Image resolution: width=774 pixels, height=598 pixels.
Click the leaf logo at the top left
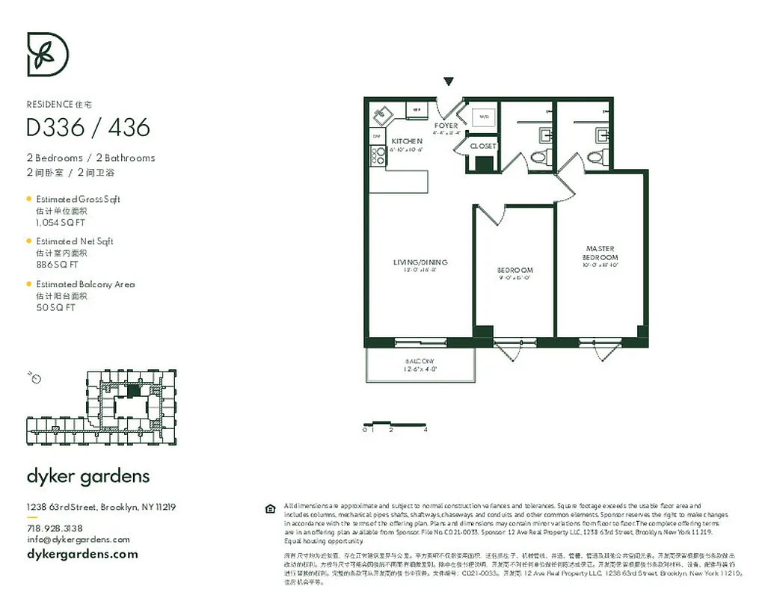click(48, 54)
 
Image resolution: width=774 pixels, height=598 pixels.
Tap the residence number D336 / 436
click(88, 128)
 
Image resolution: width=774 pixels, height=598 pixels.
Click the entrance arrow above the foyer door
click(449, 81)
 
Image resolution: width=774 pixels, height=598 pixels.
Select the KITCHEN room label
click(407, 141)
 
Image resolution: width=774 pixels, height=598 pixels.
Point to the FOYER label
click(446, 126)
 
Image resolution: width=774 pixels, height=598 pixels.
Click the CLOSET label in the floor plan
click(483, 147)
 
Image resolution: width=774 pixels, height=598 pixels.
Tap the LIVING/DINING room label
click(420, 262)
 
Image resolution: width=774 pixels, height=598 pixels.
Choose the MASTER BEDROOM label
click(601, 253)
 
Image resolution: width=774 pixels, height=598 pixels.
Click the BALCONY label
click(420, 361)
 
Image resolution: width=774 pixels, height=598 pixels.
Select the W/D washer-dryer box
click(484, 117)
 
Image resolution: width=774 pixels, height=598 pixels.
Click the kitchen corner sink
click(381, 114)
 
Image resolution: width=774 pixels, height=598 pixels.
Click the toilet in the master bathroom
click(596, 158)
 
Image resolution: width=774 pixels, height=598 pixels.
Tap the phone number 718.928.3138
click(55, 528)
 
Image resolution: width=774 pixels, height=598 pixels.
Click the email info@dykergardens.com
click(78, 540)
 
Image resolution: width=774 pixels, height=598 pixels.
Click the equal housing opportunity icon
click(270, 509)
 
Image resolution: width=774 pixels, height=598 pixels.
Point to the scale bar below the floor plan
click(394, 424)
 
